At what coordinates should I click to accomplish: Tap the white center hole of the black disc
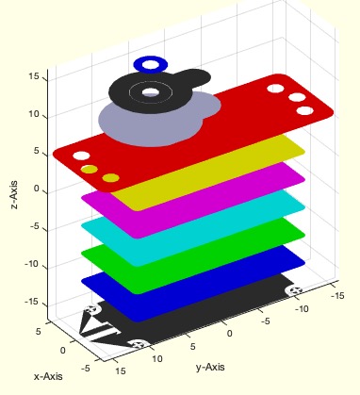coord(151,92)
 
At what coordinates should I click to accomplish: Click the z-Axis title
coord(14,195)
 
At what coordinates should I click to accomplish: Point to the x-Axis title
coord(48,376)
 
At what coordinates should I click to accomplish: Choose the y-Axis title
coord(210,367)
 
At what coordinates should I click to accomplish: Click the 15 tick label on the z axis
coord(34,76)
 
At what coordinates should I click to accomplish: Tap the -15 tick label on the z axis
coord(32,302)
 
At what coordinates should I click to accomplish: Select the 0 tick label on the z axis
coord(37,189)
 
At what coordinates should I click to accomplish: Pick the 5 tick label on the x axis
coord(38,331)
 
